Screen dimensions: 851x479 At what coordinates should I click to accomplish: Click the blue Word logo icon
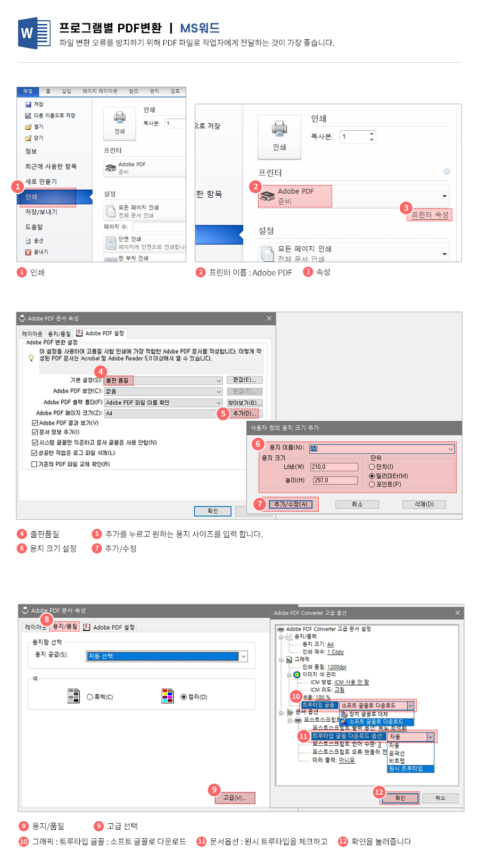(34, 33)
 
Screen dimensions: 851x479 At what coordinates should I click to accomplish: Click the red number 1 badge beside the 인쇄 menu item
(18, 186)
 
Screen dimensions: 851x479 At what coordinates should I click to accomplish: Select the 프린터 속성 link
(430, 215)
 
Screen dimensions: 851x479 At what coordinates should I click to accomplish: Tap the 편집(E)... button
(244, 380)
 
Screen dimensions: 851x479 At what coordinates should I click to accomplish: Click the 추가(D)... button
(245, 413)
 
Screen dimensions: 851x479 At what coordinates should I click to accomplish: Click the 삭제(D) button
(424, 504)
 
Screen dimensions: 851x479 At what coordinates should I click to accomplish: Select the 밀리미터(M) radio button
(372, 476)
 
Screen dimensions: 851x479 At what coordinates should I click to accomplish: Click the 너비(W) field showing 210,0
(334, 467)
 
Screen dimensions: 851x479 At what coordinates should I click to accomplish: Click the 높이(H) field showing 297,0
(335, 480)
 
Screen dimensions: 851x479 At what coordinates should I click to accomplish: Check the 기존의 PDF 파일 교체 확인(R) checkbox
(34, 464)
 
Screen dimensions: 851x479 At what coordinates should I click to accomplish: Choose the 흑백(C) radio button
(90, 697)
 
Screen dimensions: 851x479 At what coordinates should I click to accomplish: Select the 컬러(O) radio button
(184, 697)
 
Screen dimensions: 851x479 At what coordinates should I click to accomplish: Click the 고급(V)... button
(235, 798)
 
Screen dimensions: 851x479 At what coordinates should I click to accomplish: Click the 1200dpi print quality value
(336, 667)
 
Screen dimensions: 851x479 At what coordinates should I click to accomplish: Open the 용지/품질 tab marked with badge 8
(65, 627)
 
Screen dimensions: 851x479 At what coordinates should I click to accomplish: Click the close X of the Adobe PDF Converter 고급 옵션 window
(457, 613)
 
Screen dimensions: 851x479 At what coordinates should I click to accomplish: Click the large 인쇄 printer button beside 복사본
(279, 137)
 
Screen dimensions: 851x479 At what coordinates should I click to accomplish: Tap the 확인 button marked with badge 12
(400, 798)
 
